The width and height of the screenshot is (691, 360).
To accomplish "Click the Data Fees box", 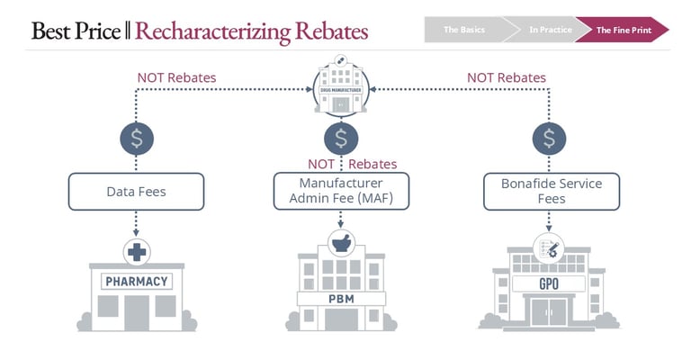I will [137, 191].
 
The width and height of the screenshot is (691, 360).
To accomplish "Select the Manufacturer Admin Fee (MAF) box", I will [341, 191].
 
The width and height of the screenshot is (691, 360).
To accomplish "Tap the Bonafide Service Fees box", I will [550, 191].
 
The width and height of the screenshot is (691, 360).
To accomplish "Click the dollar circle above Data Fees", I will [137, 138].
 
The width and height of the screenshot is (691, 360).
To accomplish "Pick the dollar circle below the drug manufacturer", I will [341, 138].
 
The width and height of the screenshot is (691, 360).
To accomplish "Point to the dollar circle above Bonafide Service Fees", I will [550, 138].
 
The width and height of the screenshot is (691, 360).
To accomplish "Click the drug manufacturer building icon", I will [341, 87].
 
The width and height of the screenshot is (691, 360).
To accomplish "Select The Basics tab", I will [464, 30].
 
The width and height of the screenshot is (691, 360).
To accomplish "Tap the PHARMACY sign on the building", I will [137, 282].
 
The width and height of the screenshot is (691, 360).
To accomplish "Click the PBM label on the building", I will [341, 298].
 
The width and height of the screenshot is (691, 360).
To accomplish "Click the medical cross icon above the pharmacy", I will [137, 252].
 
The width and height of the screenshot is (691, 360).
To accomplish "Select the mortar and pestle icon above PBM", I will [341, 240].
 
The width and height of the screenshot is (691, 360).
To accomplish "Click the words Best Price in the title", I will [76, 31].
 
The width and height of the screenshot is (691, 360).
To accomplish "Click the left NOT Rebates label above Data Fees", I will [176, 77].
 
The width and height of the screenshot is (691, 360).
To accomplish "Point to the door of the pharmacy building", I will [137, 311].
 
